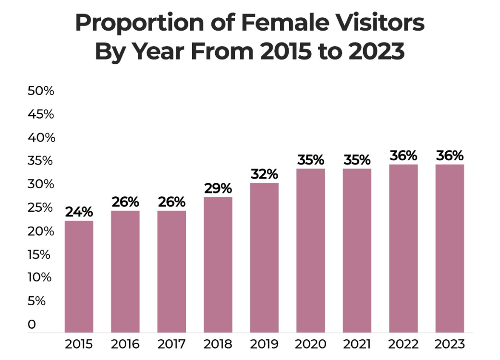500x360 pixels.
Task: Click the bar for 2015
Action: tap(79, 276)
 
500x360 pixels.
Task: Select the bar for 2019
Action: tap(264, 257)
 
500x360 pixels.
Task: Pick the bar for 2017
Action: tap(171, 271)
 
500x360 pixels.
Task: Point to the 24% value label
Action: tap(79, 212)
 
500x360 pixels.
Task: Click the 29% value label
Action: tap(218, 188)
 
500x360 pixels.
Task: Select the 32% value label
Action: tap(264, 174)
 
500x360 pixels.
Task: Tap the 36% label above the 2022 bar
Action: tap(403, 156)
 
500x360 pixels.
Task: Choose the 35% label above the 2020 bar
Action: tap(311, 160)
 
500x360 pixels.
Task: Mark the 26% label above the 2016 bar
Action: tap(125, 202)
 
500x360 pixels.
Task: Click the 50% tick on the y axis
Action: tap(41, 91)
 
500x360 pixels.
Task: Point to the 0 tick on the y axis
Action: tap(32, 324)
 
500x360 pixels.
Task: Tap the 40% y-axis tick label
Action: tap(41, 138)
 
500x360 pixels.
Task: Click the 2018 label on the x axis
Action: tap(218, 344)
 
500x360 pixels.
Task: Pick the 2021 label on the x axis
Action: tap(357, 344)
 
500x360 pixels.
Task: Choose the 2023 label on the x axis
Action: tap(450, 344)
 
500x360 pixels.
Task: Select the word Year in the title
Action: tap(154, 51)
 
